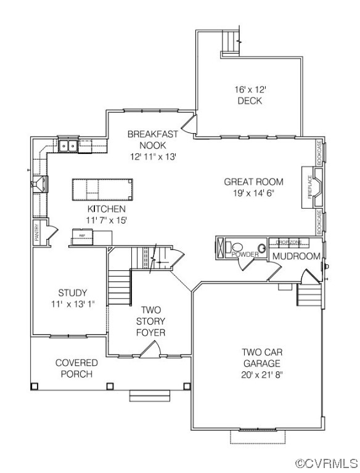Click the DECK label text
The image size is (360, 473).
[x=249, y=101]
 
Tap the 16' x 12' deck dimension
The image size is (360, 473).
[x=249, y=89]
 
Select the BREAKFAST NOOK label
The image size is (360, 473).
[x=153, y=139]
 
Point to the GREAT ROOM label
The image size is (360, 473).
[x=253, y=182]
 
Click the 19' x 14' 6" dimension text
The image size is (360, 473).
[x=253, y=193]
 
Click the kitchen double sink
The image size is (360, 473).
[x=68, y=146]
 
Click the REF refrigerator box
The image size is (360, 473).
[x=82, y=235]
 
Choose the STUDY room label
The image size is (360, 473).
[x=73, y=293]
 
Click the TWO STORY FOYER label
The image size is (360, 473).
[x=151, y=321]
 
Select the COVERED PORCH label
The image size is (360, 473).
[x=76, y=368]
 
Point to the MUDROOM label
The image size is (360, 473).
[x=297, y=256]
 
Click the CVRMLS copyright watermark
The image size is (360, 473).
[x=327, y=463]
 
